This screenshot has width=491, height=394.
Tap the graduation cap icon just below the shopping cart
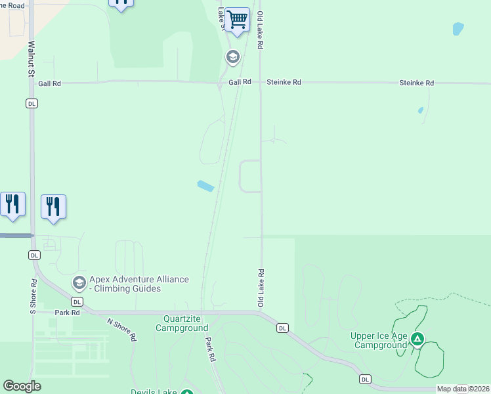pyautogui.click(x=232, y=57)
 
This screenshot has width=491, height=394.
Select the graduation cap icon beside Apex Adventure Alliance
pyautogui.click(x=79, y=283)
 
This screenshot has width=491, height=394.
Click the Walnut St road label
pyautogui.click(x=31, y=60)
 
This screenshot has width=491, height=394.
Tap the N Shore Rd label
pyautogui.click(x=122, y=329)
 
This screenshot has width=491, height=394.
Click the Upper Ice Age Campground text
pyautogui.click(x=379, y=340)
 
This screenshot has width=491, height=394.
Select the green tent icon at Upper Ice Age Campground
pyautogui.click(x=417, y=339)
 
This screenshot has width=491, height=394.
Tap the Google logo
pyautogui.click(x=22, y=386)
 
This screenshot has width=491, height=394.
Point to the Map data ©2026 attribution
pyautogui.click(x=462, y=389)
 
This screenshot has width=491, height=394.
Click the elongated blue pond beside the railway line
pyautogui.click(x=205, y=186)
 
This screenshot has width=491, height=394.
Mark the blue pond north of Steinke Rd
pyautogui.click(x=458, y=29)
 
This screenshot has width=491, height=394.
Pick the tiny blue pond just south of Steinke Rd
pyautogui.click(x=421, y=110)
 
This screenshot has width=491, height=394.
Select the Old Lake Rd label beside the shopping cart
pyautogui.click(x=261, y=30)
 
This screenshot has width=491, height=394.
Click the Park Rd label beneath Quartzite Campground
pyautogui.click(x=210, y=350)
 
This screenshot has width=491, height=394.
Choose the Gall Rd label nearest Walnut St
pyautogui.click(x=49, y=83)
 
